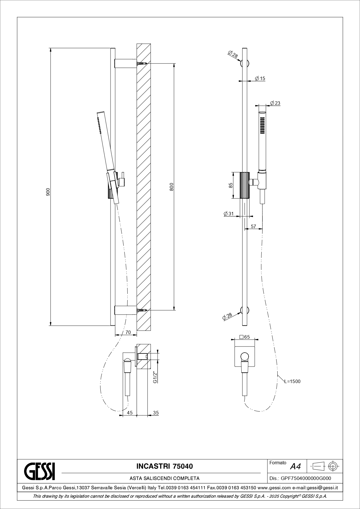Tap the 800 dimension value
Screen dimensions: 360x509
coord(171,187)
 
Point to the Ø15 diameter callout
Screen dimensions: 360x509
coord(260,78)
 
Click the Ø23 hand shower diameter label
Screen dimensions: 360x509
coord(275,103)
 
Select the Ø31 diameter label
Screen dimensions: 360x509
coord(229,214)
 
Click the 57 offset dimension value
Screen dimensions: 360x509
coord(254,226)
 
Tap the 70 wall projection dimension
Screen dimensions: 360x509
coord(128,332)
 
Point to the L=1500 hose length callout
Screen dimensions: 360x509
coord(292,381)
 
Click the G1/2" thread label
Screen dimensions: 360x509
coord(155,377)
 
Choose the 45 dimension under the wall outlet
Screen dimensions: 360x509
coord(130,413)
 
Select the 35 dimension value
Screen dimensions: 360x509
coord(156,413)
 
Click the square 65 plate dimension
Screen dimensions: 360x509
coord(245,337)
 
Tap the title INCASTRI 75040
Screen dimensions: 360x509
coord(164,466)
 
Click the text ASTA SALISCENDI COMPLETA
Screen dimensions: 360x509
coord(164,478)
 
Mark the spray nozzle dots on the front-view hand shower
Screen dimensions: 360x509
coord(262,125)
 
